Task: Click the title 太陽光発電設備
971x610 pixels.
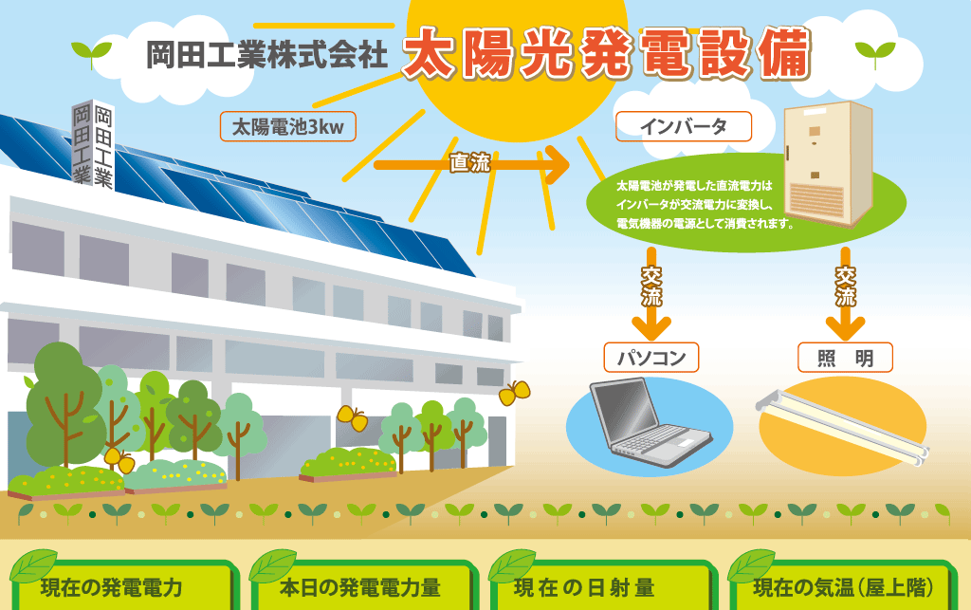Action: click(606, 54)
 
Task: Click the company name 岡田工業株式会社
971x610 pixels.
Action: click(266, 54)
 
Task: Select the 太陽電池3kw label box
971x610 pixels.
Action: click(288, 127)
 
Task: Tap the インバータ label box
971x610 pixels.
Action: click(684, 126)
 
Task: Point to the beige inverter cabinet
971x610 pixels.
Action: click(828, 163)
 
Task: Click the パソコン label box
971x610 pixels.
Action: click(651, 358)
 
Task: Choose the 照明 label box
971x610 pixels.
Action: click(845, 358)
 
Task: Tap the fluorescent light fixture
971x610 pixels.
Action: click(843, 426)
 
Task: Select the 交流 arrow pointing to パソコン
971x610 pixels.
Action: click(650, 293)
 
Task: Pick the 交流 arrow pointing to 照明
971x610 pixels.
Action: click(845, 293)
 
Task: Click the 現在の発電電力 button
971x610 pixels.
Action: click(123, 584)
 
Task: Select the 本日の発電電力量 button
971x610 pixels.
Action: click(363, 584)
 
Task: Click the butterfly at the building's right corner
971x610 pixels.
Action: click(515, 393)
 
